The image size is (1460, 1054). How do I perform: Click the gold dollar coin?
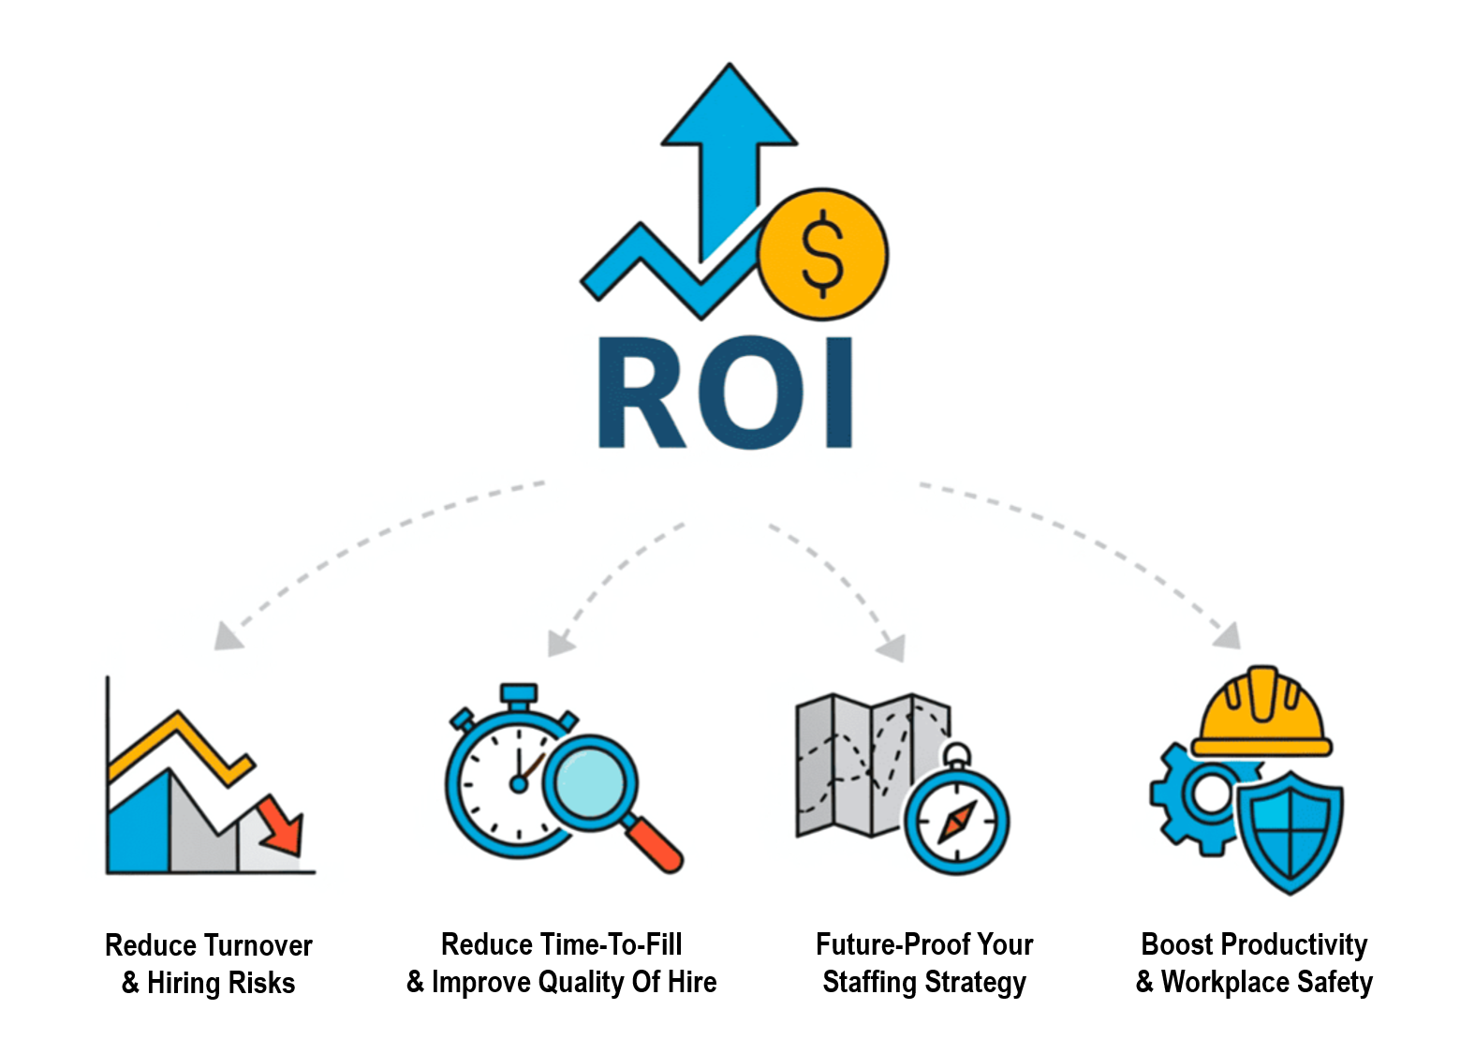pyautogui.click(x=822, y=254)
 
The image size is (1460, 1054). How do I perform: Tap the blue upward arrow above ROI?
pyautogui.click(x=729, y=141)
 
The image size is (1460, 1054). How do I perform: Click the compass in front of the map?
pyautogui.click(x=956, y=822)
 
